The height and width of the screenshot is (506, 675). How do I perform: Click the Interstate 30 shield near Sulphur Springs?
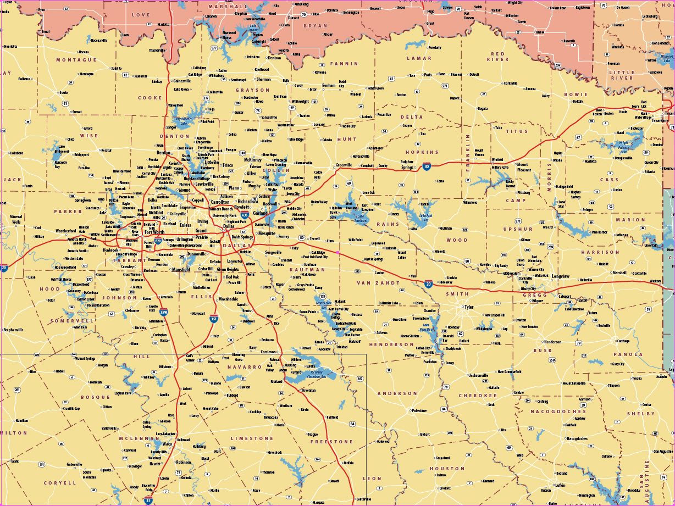427,166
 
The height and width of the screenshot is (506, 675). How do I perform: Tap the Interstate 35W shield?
163,312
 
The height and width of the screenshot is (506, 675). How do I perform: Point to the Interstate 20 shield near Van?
428,284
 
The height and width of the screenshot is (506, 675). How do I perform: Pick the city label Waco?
167,443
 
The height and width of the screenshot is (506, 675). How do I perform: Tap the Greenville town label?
344,165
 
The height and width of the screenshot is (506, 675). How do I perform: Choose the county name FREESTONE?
332,441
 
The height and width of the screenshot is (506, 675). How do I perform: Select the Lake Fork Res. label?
426,215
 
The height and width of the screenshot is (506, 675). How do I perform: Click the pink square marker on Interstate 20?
338,252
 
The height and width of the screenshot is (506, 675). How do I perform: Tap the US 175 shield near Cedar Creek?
323,297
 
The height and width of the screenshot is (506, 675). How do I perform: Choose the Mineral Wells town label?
16,220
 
